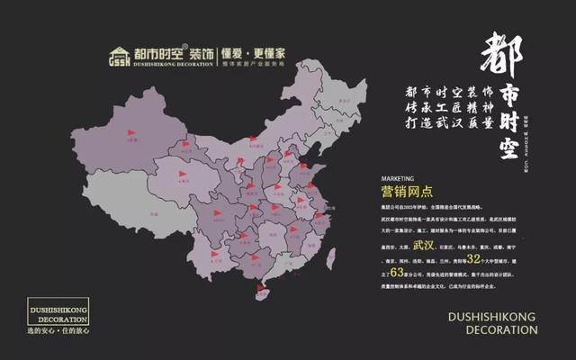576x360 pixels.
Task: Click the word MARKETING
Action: pyautogui.click(x=385, y=180)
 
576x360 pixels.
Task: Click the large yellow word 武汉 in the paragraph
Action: pyautogui.click(x=424, y=244)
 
